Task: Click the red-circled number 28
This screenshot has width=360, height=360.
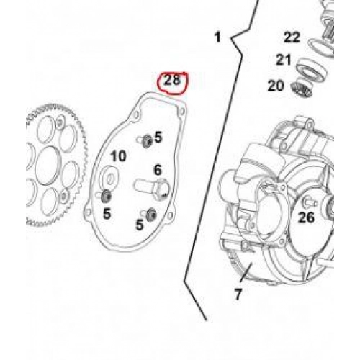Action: pos(172,80)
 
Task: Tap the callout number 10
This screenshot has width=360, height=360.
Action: pos(118,156)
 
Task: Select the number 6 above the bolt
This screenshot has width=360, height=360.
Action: pos(158,170)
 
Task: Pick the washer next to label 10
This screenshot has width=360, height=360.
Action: pos(109,177)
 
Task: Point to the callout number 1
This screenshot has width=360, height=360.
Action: pos(217,37)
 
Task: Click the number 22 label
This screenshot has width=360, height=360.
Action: pos(292,37)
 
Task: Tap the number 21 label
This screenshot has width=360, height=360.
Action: pos(284,60)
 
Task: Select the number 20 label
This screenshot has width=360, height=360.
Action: pos(276,86)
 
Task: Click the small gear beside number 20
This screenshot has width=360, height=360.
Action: pos(302,89)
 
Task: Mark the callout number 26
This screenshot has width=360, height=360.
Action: pos(306,218)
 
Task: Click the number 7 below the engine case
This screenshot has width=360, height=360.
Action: pos(238,294)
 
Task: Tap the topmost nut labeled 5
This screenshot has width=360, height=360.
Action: pos(147,141)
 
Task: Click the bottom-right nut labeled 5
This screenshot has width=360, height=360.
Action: pos(151,214)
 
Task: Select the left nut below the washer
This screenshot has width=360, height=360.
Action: pos(106,196)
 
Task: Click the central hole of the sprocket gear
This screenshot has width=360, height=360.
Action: pos(48,166)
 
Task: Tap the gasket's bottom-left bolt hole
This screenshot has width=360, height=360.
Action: pos(89,212)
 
